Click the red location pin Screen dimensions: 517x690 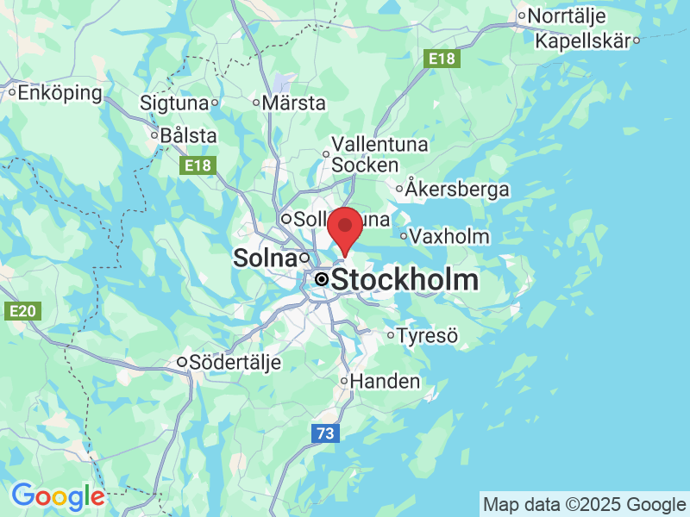[x=346, y=226]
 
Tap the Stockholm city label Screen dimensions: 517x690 [x=404, y=280]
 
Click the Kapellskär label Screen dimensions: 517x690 [x=583, y=40]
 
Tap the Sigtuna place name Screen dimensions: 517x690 [x=175, y=103]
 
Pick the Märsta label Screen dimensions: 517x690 [x=294, y=103]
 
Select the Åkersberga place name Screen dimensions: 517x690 [x=458, y=190]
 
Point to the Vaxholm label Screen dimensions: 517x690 [x=449, y=236]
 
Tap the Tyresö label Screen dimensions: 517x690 [x=427, y=335]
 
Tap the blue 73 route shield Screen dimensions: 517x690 [x=323, y=434]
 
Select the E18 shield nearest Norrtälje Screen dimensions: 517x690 [x=443, y=59]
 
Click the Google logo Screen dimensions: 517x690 [x=58, y=496]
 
